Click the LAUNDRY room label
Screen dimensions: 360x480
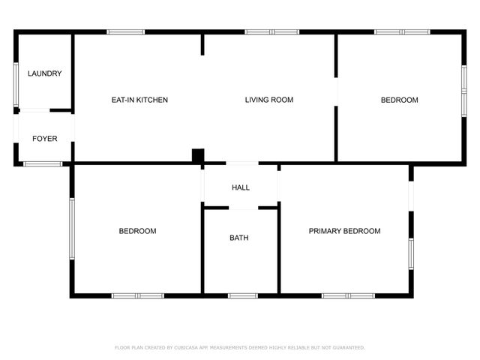click(x=44, y=73)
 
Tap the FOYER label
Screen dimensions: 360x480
click(x=44, y=139)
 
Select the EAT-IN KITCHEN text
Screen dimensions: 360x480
click(x=139, y=100)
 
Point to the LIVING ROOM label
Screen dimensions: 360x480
click(x=268, y=100)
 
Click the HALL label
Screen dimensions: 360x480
click(x=241, y=187)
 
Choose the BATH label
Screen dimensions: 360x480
click(x=239, y=238)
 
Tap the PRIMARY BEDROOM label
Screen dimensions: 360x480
click(x=344, y=231)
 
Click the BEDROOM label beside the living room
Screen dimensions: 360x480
click(x=399, y=100)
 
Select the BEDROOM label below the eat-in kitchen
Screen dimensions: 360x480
click(x=137, y=231)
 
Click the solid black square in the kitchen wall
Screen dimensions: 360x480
click(x=198, y=156)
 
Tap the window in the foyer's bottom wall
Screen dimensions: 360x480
click(x=43, y=163)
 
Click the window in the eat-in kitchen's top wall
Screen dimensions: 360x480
click(x=126, y=31)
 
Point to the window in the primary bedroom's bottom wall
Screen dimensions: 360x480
click(x=348, y=295)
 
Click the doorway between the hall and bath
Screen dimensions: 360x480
click(x=241, y=208)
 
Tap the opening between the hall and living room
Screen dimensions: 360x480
click(x=241, y=163)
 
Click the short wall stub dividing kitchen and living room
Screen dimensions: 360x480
click(x=202, y=44)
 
